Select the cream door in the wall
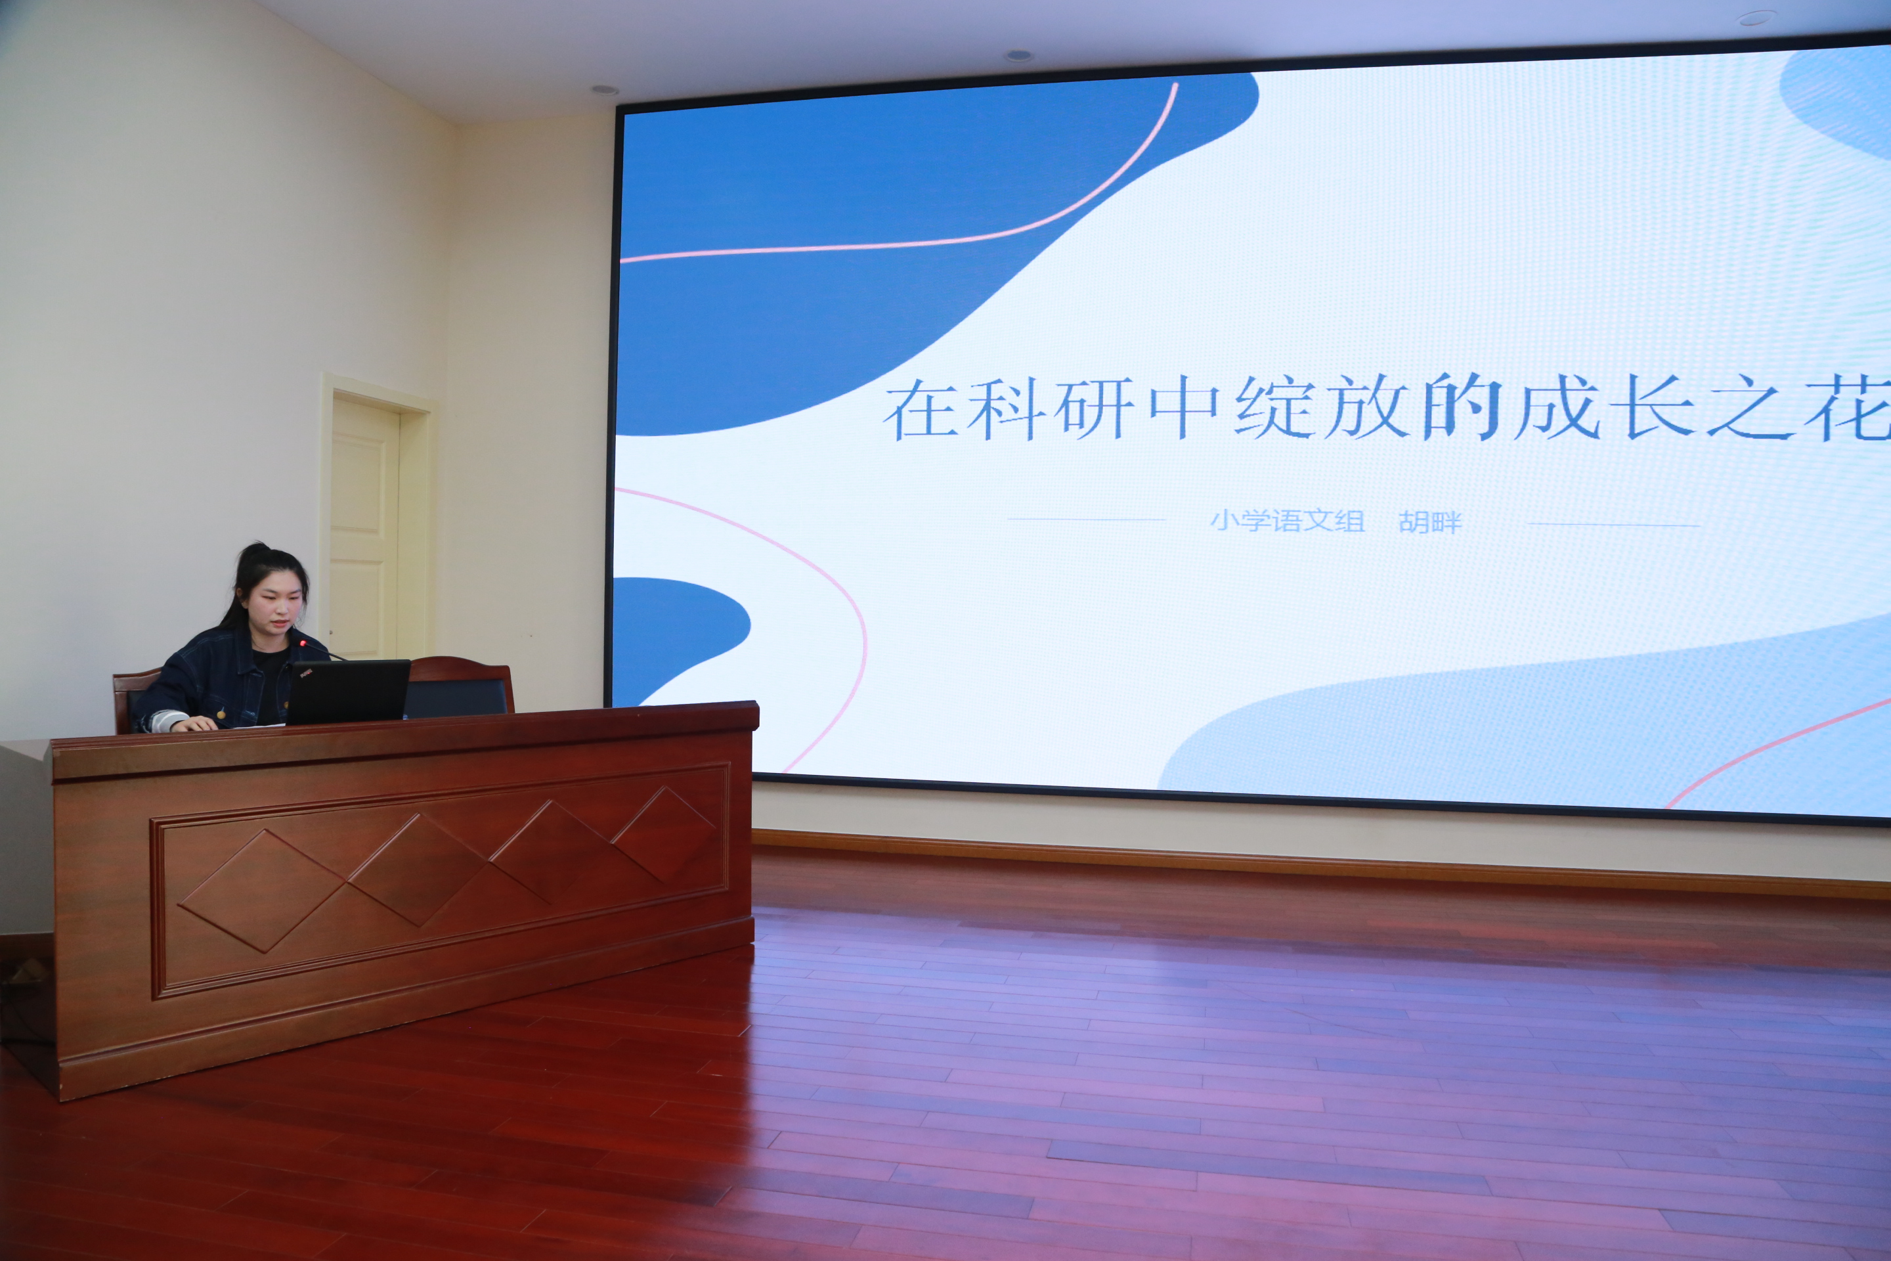365,527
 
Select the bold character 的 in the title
1461,408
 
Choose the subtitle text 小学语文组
1287,520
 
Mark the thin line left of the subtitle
1086,520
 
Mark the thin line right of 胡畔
1613,524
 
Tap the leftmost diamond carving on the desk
262,891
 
